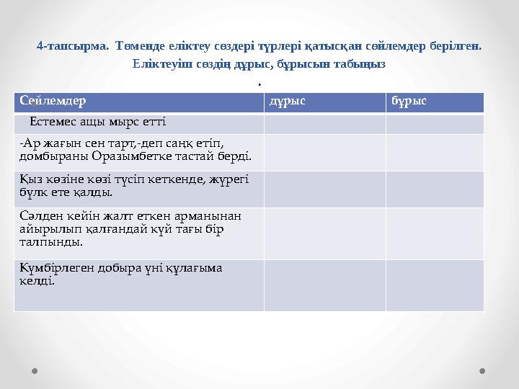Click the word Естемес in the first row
pos(53,122)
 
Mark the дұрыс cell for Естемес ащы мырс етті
pos(324,123)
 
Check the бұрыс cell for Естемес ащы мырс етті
pos(434,123)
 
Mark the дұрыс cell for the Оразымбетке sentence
pos(324,152)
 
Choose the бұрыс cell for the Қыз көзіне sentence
pos(434,188)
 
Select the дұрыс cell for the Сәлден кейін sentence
pos(324,233)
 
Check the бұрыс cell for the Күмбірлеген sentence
pos(434,285)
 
